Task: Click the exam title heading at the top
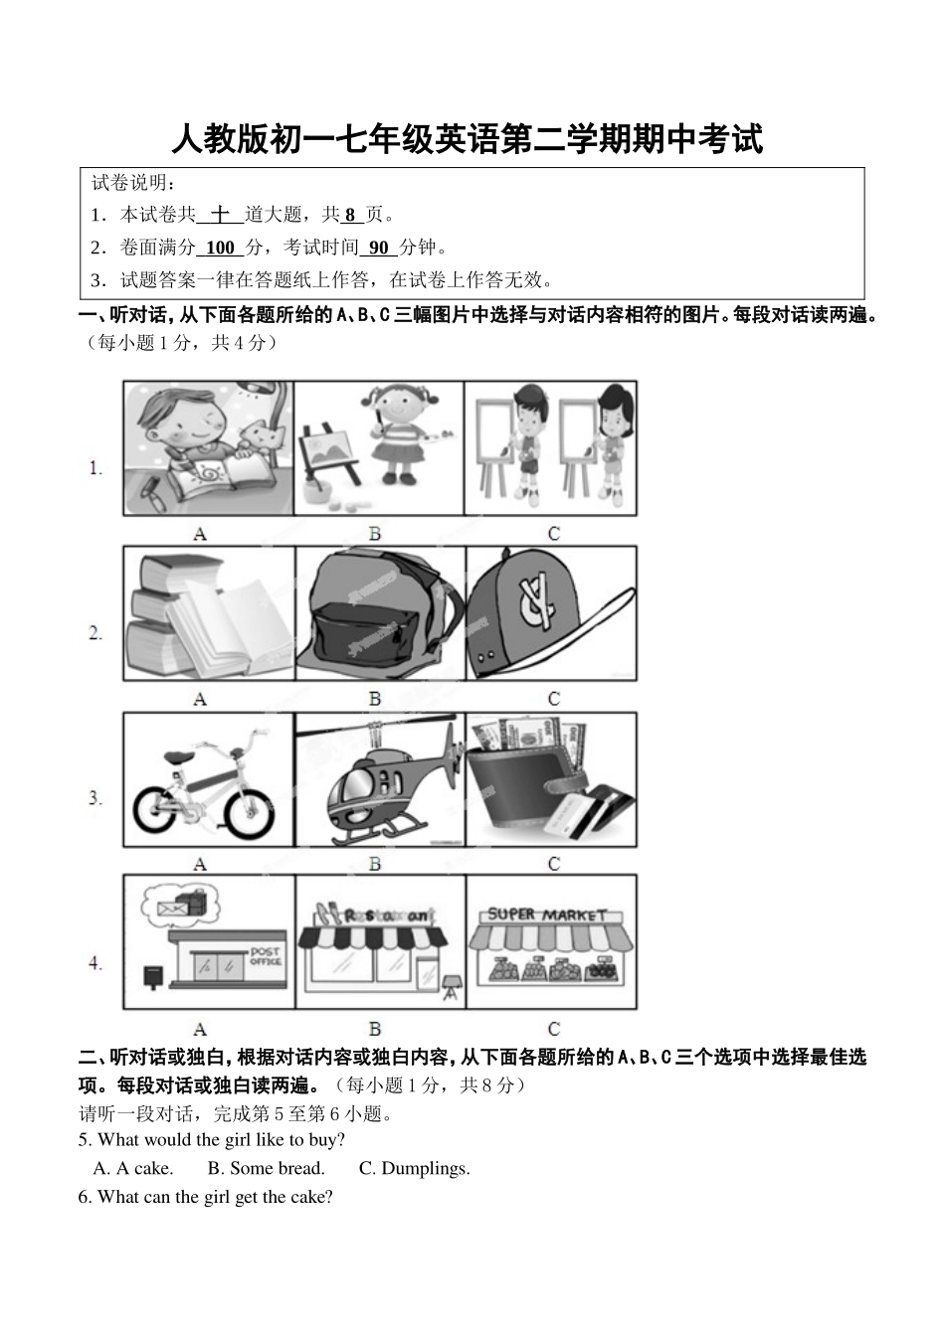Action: coord(467,140)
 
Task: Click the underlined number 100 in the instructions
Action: coord(220,248)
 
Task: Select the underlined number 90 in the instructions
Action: coord(378,248)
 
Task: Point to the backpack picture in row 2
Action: coord(380,613)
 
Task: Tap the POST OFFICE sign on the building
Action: coord(266,956)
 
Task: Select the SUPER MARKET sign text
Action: coord(546,914)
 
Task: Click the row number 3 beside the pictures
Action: coord(95,797)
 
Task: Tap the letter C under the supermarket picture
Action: coord(553,1029)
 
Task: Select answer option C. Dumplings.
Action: coord(414,1168)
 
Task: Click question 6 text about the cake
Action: coord(206,1197)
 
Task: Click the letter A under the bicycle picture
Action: coord(200,864)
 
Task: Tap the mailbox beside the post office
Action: coord(153,977)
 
